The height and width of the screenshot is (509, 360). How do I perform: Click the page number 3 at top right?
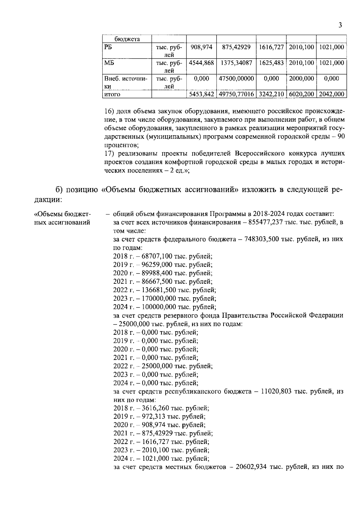340,25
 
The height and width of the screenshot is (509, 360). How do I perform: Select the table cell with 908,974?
201,47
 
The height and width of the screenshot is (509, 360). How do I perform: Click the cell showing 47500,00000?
236,79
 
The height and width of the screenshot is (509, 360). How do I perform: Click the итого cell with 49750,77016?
236,94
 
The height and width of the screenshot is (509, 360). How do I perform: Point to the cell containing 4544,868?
201,63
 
